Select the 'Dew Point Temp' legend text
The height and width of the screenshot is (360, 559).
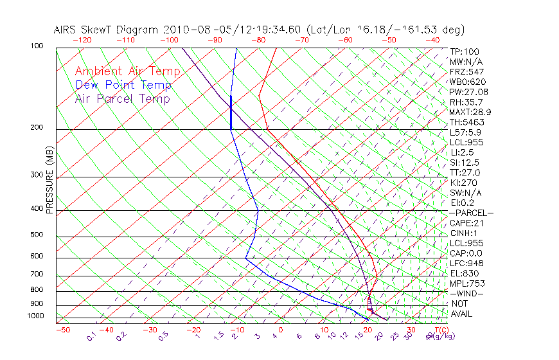tap(123, 85)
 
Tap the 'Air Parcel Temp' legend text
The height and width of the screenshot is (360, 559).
tap(122, 98)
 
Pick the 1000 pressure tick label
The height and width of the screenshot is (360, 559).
tap(36, 316)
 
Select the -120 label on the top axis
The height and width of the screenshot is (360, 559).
tap(82, 40)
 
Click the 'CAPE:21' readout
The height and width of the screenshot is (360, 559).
tap(466, 223)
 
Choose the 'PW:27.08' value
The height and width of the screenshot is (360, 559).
tap(469, 92)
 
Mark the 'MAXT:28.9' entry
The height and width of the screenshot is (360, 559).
tap(470, 112)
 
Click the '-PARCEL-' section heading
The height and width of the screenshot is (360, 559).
tap(472, 213)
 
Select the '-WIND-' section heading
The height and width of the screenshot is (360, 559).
tap(467, 294)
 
